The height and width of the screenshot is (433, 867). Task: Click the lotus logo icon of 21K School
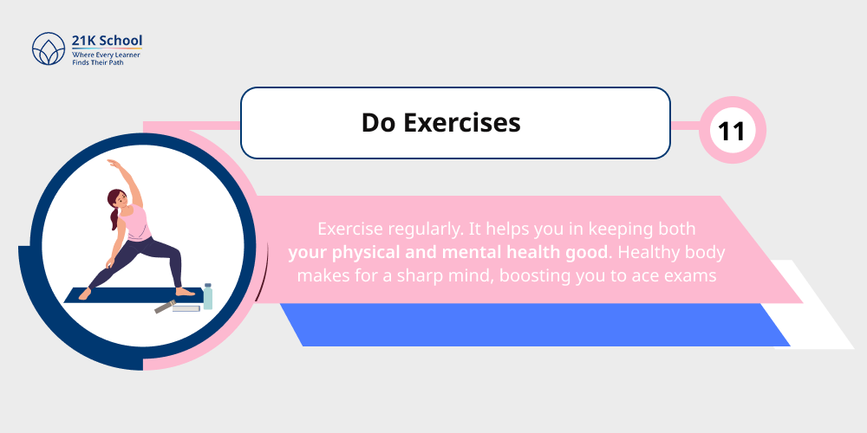(x=47, y=49)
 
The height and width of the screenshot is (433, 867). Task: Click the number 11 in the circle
(x=732, y=131)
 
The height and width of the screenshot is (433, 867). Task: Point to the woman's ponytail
(x=113, y=216)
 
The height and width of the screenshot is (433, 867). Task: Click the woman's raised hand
(x=110, y=163)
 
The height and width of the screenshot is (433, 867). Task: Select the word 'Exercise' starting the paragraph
(x=350, y=229)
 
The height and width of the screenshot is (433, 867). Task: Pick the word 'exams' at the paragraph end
(x=689, y=276)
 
